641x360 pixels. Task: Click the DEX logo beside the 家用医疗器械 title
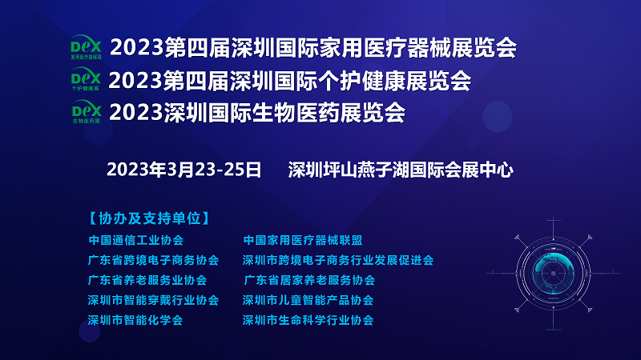[x=86, y=47]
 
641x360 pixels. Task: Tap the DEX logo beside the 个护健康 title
[x=86, y=78]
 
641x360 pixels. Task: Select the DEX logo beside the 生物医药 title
[x=87, y=111]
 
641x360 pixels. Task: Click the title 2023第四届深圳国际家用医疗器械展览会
[x=313, y=48]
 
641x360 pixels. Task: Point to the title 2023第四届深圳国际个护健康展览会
[x=289, y=81]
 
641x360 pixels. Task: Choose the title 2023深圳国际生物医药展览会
[x=257, y=113]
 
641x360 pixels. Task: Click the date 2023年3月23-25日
[x=183, y=170]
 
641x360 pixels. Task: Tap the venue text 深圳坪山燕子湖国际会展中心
[x=401, y=170]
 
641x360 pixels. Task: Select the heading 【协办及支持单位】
[x=149, y=218]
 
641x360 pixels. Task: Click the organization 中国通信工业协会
[x=136, y=240]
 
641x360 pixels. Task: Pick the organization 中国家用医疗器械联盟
[x=303, y=240]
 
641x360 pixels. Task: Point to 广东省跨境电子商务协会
[x=153, y=260]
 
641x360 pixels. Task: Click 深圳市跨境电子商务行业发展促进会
[x=338, y=260]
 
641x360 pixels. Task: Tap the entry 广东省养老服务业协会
[x=147, y=280]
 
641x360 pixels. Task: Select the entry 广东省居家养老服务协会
[x=309, y=280]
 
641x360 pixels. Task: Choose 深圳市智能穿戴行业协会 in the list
[x=153, y=300]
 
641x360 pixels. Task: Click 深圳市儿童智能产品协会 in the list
[x=308, y=300]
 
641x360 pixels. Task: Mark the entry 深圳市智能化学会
[x=135, y=320]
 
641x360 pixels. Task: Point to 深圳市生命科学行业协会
[x=308, y=320]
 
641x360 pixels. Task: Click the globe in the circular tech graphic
[x=554, y=273]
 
